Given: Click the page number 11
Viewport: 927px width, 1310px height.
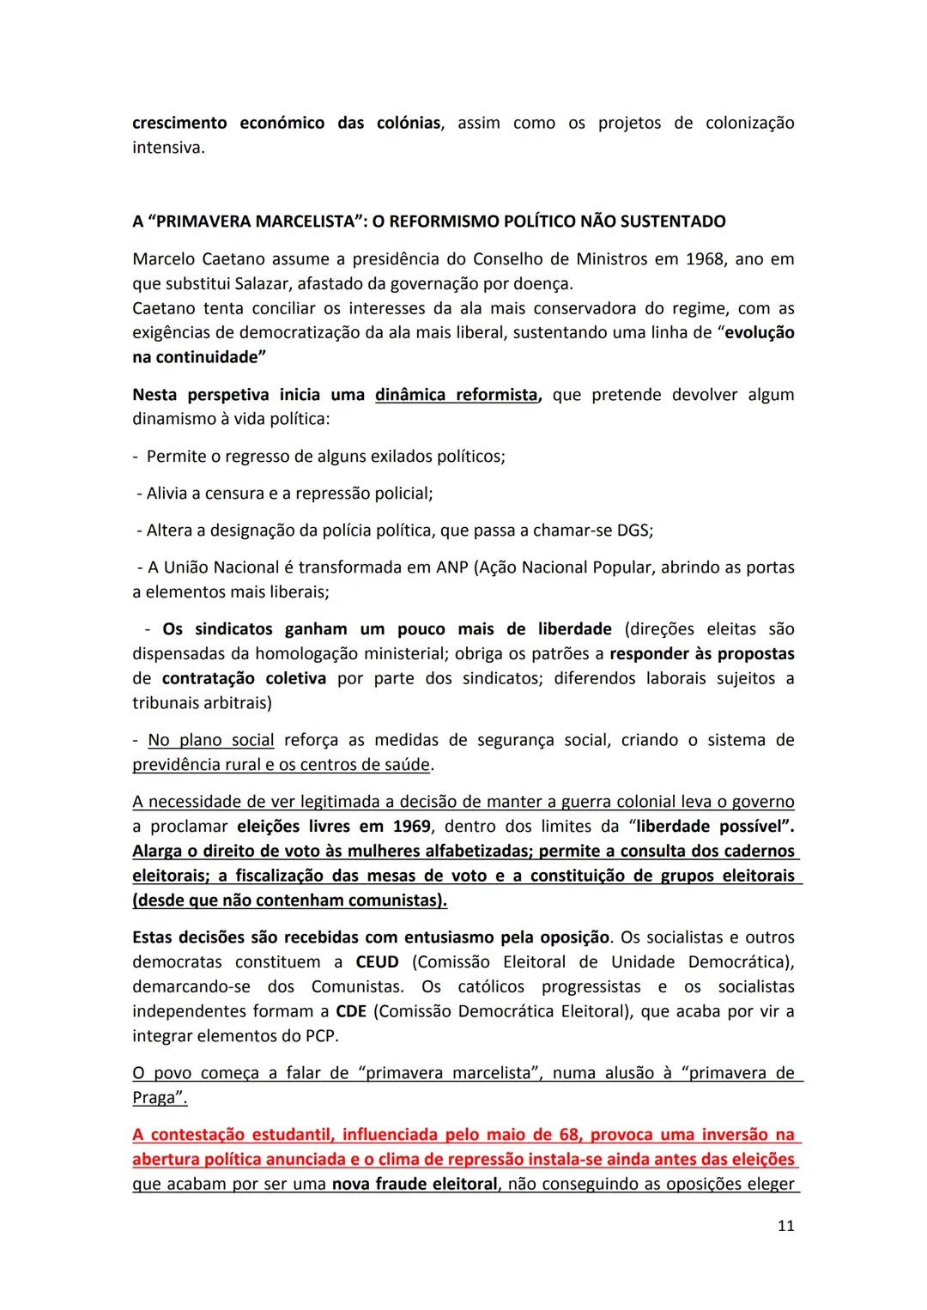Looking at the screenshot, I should (785, 1226).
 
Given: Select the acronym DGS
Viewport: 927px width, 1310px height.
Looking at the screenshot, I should (634, 531).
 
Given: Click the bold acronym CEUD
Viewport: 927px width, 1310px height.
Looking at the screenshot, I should (378, 962).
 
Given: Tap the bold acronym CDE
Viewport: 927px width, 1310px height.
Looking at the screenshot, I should (351, 1011).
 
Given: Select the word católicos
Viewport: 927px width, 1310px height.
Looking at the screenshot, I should (498, 987).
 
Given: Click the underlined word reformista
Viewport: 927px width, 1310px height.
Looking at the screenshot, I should (497, 395).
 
